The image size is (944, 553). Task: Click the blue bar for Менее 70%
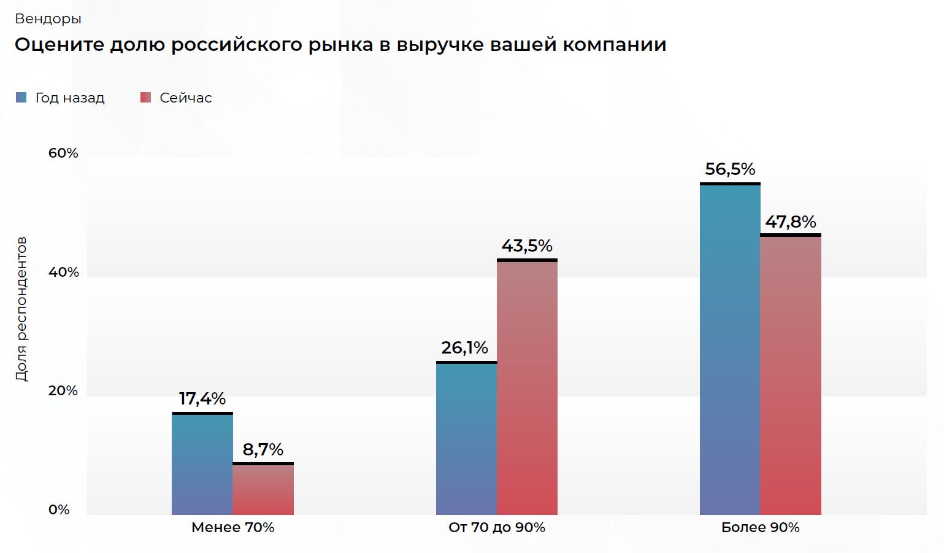[202, 464]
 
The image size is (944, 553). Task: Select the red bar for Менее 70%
[263, 489]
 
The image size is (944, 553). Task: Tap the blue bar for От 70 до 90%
[466, 438]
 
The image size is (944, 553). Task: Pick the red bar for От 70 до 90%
[527, 387]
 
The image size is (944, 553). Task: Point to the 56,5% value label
[730, 169]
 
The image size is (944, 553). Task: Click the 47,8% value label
[791, 222]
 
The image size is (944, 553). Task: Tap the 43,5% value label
[527, 246]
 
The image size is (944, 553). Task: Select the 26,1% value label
[465, 348]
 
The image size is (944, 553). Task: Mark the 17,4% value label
[202, 399]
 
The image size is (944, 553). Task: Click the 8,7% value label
[263, 450]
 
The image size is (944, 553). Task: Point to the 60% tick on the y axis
[63, 153]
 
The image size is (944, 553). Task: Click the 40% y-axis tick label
[64, 272]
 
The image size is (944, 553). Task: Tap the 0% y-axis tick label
[59, 509]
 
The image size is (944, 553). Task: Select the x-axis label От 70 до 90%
[497, 527]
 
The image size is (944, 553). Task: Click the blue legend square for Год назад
[21, 98]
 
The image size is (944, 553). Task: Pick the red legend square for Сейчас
[145, 98]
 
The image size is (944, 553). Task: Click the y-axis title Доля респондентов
[21, 309]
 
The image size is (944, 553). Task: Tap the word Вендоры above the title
[48, 19]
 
